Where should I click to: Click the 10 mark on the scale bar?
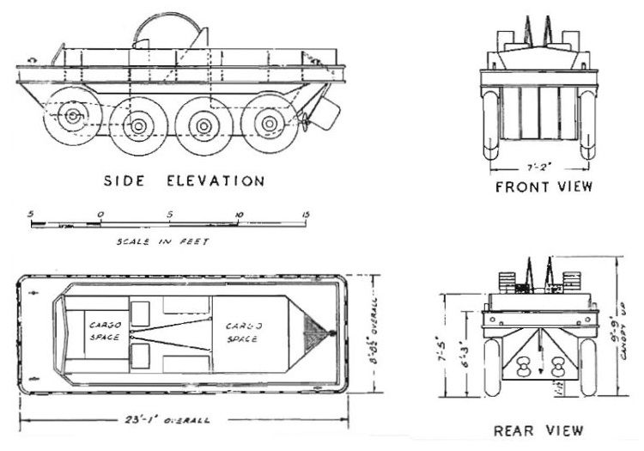239,212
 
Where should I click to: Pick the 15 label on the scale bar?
305,212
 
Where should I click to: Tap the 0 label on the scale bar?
100,212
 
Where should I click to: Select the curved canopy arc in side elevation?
168,30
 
